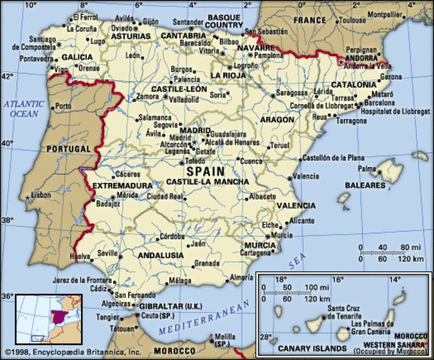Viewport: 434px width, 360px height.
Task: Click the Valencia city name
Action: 306,176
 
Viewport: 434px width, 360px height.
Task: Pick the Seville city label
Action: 108,253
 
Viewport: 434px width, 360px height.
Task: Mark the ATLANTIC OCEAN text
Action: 22,109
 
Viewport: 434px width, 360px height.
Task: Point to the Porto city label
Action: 64,106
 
